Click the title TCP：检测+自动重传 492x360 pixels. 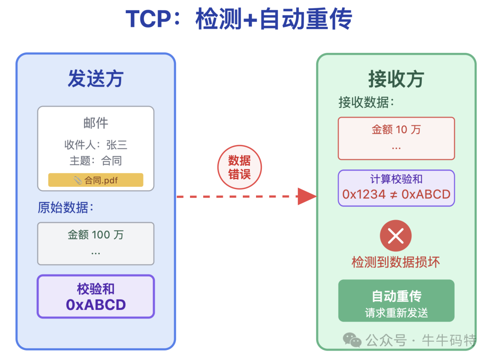pyautogui.click(x=239, y=20)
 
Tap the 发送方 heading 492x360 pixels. pyautogui.click(x=96, y=79)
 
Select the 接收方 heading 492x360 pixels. pyautogui.click(x=396, y=79)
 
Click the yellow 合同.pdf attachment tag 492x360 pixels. pyautogui.click(x=96, y=180)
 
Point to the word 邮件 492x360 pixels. pyautogui.click(x=96, y=123)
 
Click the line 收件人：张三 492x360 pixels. pyautogui.click(x=96, y=145)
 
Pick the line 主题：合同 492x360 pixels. pyautogui.click(x=96, y=160)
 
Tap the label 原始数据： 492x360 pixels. pyautogui.click(x=66, y=208)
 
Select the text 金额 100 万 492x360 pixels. pyautogui.click(x=96, y=235)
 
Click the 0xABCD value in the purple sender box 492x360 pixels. pyautogui.click(x=96, y=305)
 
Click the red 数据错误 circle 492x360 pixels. pyautogui.click(x=239, y=167)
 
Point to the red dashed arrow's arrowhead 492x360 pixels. pyautogui.click(x=307, y=196)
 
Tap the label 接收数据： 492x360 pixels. pyautogui.click(x=366, y=103)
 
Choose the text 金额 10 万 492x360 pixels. pyautogui.click(x=396, y=130)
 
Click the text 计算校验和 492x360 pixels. pyautogui.click(x=396, y=179)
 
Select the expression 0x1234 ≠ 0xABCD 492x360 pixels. pyautogui.click(x=396, y=195)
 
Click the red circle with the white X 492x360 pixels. pyautogui.click(x=395, y=236)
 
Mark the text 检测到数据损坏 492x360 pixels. pyautogui.click(x=395, y=262)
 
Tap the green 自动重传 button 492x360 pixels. pyautogui.click(x=396, y=301)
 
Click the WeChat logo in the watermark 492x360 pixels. pyautogui.click(x=352, y=339)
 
